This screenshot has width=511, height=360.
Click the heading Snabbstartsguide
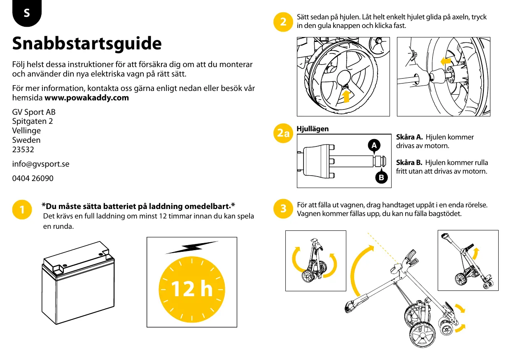coord(87,44)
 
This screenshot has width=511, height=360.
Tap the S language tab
coord(27,13)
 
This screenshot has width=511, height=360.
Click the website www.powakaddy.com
coord(86,98)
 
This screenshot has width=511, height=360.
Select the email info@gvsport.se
coord(41,164)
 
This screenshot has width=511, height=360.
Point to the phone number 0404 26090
coord(33,179)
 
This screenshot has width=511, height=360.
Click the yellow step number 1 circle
coord(22,209)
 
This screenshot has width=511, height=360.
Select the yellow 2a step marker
coord(283,133)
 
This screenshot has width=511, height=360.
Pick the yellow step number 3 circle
coord(283,209)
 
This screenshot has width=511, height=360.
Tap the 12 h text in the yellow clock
coord(191,289)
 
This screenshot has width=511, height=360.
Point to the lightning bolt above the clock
coord(191,248)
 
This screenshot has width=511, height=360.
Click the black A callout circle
coord(373,145)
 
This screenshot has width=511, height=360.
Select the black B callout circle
coord(382,178)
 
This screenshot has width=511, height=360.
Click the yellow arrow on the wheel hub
coord(346,95)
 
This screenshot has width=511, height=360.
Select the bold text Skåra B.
coord(409,163)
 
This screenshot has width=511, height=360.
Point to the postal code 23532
coord(23,150)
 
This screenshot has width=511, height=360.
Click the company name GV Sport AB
coord(34,112)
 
